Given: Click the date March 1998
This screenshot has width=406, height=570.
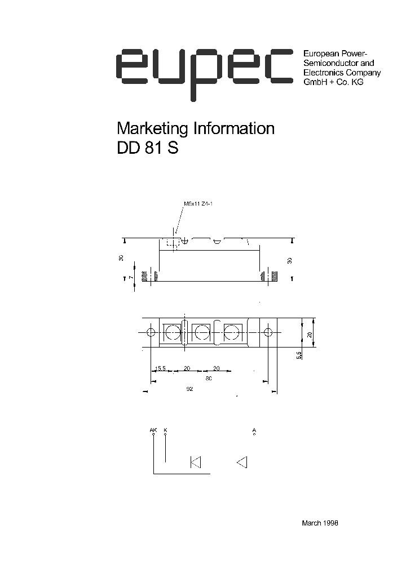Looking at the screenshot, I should (320, 523).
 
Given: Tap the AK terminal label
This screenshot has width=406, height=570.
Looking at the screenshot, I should (153, 430).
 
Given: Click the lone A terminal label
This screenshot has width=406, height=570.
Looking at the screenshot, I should (254, 430).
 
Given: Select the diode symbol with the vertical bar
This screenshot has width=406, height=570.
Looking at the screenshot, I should (196, 462).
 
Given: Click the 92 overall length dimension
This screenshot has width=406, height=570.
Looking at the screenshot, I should (189, 389).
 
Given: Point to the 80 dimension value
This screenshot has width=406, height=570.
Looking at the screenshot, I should (209, 378).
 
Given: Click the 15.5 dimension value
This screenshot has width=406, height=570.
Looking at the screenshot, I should (160, 369).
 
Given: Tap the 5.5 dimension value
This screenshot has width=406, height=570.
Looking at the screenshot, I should (299, 354).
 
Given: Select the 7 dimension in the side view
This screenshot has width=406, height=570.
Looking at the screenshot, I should (130, 278).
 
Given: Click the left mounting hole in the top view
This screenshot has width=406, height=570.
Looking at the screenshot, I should (151, 332).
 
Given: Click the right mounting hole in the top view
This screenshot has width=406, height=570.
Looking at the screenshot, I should (268, 332).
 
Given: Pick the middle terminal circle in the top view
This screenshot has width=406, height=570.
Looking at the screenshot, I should (201, 332).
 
